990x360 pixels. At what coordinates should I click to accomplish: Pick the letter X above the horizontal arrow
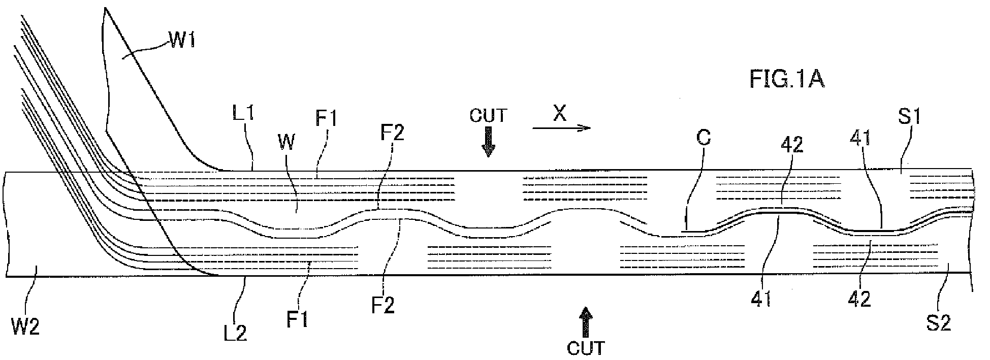pyautogui.click(x=559, y=115)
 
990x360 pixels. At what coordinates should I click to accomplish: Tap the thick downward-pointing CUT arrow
pyautogui.click(x=488, y=142)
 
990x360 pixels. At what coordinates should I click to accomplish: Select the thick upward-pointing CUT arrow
pyautogui.click(x=586, y=321)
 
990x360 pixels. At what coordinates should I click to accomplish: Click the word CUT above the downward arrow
pyautogui.click(x=488, y=115)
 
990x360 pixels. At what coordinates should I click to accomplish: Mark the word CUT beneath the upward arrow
pyautogui.click(x=586, y=348)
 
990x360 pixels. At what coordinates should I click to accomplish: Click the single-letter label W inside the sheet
pyautogui.click(x=286, y=144)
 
